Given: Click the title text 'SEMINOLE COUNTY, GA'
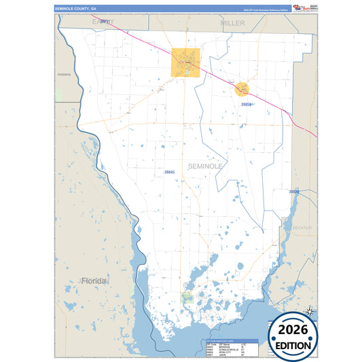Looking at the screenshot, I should (x=76, y=9).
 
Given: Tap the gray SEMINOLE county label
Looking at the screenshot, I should (x=204, y=166).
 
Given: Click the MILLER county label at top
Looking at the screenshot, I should (x=233, y=23).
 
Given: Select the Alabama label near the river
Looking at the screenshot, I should (x=64, y=74).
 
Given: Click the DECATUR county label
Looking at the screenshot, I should (x=302, y=228).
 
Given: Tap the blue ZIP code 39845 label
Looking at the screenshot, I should (x=169, y=173).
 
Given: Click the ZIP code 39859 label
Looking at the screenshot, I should (x=247, y=105).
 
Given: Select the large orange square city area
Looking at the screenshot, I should (x=185, y=62).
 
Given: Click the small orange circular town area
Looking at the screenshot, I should (x=242, y=88).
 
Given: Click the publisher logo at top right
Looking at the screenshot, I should (x=304, y=7).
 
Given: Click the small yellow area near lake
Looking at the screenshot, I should (x=188, y=297).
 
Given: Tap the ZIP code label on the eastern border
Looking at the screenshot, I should (x=293, y=192).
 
